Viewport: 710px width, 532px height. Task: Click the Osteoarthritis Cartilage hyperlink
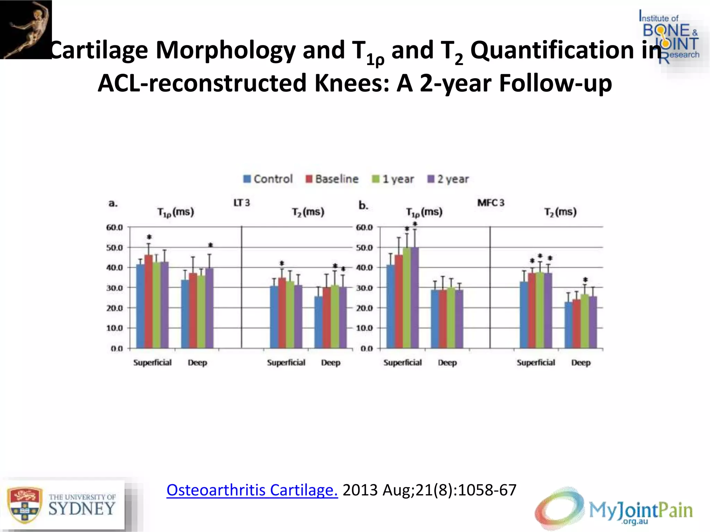coord(252,490)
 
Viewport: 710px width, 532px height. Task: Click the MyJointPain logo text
coord(641,510)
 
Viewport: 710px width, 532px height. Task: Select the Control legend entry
coord(268,179)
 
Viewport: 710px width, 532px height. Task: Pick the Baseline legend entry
coord(332,179)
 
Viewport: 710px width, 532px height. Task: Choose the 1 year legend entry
coord(393,179)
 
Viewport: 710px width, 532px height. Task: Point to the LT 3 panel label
coord(241,203)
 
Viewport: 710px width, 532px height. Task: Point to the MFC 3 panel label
coord(491,203)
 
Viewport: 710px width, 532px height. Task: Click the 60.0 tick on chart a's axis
coord(114,228)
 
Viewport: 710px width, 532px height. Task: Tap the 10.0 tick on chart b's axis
coord(364,328)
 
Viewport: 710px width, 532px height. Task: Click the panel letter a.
coord(113,203)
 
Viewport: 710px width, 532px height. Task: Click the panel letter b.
coord(363,205)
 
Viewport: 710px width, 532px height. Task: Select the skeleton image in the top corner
coord(26,29)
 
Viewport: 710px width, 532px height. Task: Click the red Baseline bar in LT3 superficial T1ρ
coord(148,301)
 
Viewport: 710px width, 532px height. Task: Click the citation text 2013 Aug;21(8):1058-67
coord(429,490)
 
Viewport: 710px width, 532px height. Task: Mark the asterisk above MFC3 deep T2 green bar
coord(585,280)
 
